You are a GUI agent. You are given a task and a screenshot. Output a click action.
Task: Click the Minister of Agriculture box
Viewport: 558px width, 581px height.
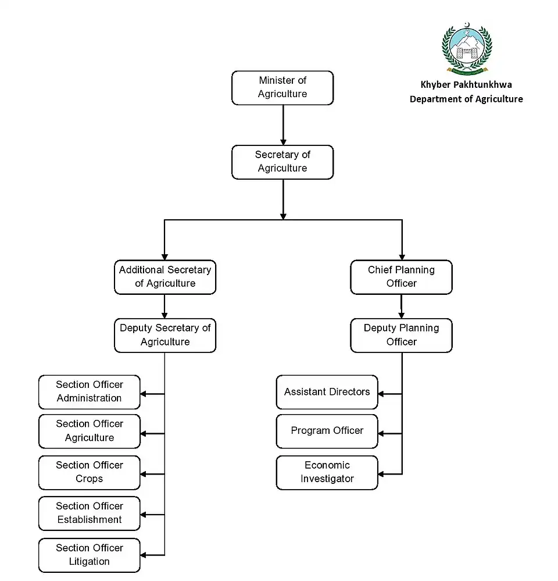[x=282, y=88]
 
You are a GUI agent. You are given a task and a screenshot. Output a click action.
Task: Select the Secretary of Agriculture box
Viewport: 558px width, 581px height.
[x=282, y=162]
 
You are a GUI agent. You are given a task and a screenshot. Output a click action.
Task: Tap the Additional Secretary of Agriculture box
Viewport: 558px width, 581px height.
[x=165, y=277]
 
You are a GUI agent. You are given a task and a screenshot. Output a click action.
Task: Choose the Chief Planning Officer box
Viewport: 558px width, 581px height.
[x=401, y=277]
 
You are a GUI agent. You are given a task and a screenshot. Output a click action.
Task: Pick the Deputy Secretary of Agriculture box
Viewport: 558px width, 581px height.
[x=165, y=335]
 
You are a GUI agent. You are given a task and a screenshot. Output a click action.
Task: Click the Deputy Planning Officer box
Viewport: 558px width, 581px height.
[x=401, y=335]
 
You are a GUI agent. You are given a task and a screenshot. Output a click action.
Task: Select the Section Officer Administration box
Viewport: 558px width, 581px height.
[x=90, y=392]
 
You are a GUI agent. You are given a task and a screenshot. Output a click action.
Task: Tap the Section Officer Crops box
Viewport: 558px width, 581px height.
[x=90, y=472]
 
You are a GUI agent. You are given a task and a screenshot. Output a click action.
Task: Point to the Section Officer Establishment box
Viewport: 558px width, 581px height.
[x=90, y=513]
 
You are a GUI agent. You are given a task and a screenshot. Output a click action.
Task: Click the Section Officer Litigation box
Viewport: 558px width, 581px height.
[x=90, y=555]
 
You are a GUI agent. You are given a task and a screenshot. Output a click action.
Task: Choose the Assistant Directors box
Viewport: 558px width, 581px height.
[x=327, y=392]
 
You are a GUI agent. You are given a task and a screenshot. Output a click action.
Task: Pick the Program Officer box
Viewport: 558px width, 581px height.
[x=327, y=431]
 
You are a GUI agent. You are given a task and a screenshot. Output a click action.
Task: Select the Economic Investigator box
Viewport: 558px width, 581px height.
[x=327, y=472]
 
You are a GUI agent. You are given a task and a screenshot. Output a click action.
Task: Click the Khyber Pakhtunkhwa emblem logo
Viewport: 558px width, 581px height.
[x=466, y=49]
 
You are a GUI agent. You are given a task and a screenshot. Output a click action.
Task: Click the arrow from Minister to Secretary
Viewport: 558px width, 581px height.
[x=283, y=125]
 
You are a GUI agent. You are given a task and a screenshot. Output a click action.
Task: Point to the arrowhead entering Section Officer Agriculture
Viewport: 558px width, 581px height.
[x=144, y=433]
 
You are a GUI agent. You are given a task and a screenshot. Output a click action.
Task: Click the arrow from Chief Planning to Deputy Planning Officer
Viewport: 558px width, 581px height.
[x=401, y=306]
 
